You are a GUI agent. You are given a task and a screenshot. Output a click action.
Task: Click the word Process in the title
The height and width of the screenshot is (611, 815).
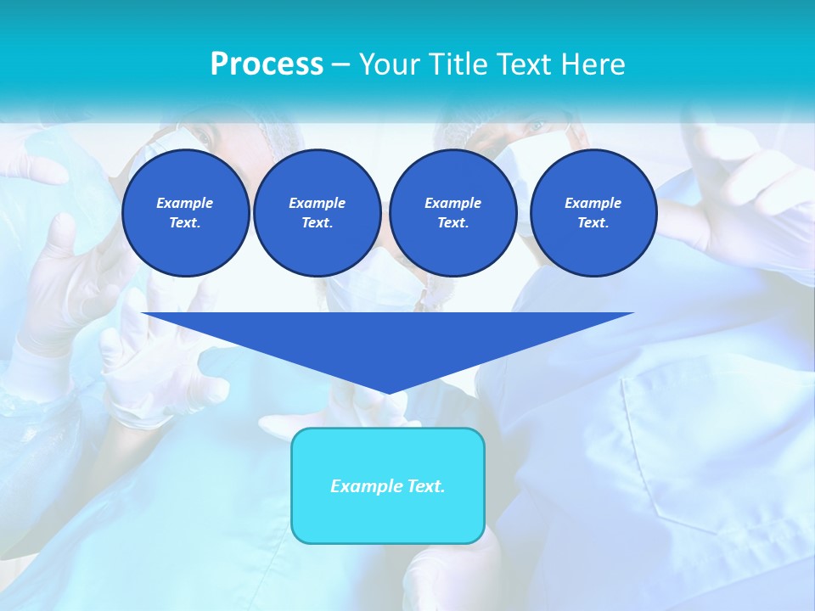click(267, 64)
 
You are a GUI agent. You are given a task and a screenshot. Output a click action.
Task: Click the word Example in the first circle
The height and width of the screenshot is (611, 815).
click(185, 203)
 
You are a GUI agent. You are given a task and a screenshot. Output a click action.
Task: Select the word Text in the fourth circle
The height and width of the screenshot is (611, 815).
click(593, 222)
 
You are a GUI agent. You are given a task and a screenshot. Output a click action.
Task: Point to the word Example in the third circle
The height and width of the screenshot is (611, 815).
click(452, 203)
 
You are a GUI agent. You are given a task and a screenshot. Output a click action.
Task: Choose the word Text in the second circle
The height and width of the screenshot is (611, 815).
click(317, 222)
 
